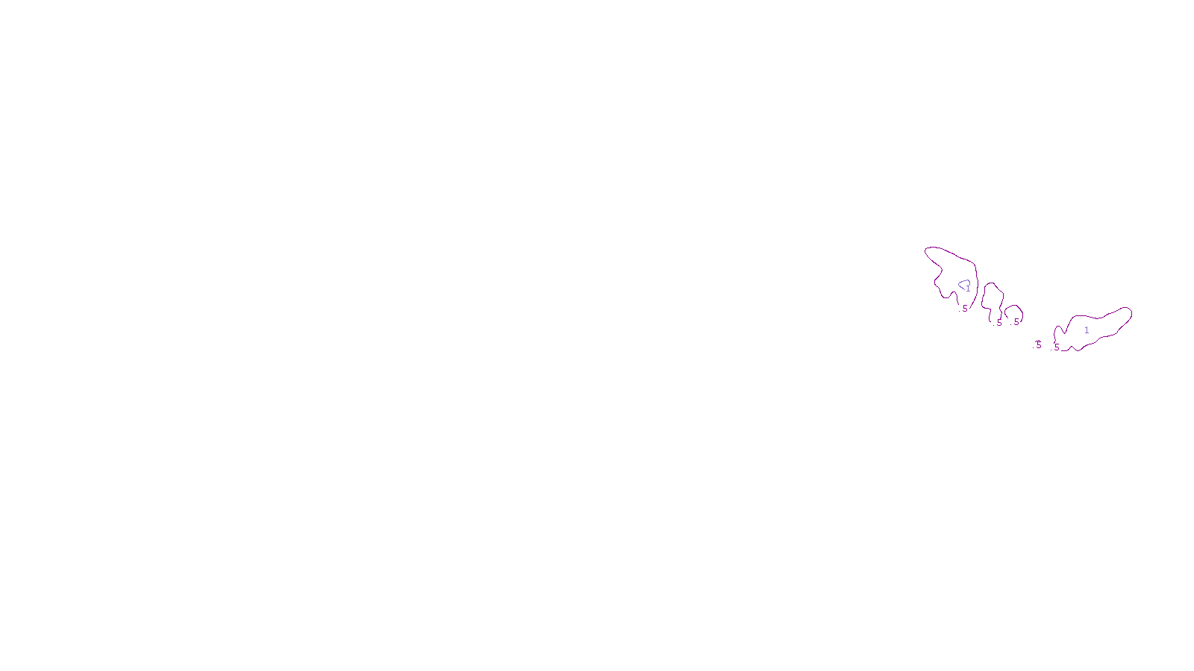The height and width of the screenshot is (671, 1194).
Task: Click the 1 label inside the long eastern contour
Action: coord(1087,330)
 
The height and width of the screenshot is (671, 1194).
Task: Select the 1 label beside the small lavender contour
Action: coord(969,289)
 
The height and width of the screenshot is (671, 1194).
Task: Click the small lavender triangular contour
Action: coord(963,284)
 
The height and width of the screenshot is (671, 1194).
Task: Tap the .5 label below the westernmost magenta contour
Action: coord(964,309)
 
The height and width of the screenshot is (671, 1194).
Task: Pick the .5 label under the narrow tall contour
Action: coord(999,323)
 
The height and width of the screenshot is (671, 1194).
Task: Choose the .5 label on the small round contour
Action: coord(1016,322)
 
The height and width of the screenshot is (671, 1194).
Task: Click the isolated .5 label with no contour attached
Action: coord(1038,345)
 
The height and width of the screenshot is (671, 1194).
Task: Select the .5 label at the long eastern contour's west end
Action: coord(1056,347)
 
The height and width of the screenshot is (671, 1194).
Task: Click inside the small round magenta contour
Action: coord(1013,312)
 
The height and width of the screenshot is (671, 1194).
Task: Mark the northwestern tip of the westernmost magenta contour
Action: coord(927,251)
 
